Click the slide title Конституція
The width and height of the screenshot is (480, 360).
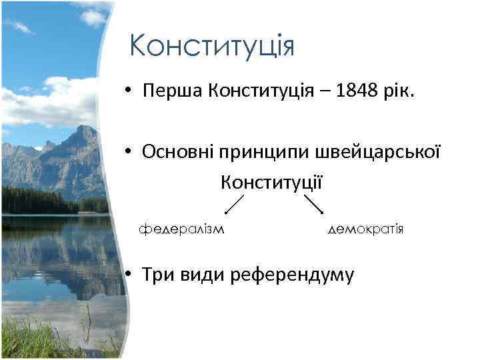pos(212,47)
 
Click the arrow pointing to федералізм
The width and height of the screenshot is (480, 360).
pos(234,204)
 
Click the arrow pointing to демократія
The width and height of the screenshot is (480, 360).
pos(313,204)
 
